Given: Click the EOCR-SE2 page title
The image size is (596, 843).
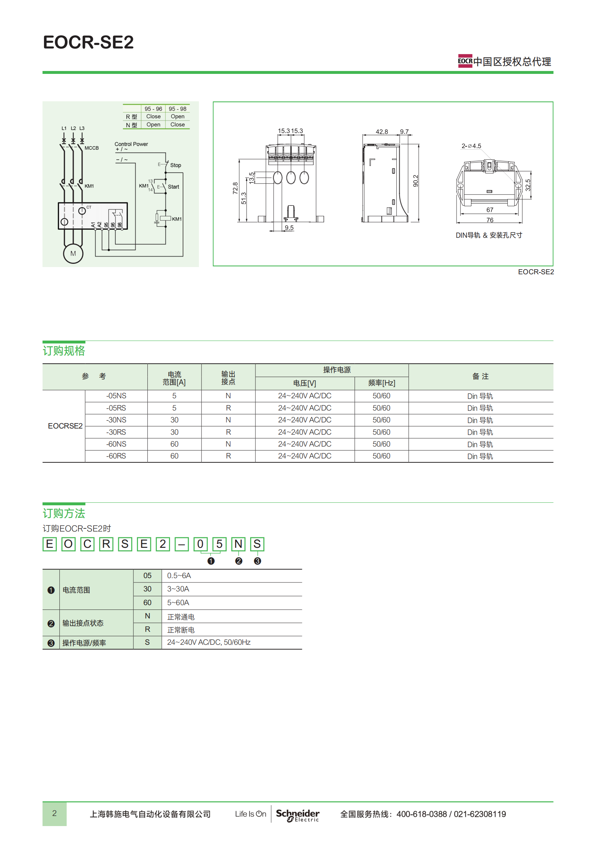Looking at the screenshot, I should point(88,42).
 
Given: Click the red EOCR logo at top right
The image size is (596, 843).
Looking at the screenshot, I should point(465,61).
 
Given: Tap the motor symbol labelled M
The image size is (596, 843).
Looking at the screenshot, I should point(73,254).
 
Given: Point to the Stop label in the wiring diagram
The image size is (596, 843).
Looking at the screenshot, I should point(175,165).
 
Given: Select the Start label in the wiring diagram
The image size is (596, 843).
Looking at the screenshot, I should point(173,187).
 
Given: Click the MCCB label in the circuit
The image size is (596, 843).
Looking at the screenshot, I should point(92,148).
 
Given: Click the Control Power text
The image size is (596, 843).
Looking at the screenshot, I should point(131,144).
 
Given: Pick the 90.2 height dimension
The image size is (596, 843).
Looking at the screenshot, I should point(415,181).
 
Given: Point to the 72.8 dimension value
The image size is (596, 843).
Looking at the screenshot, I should point(235,188).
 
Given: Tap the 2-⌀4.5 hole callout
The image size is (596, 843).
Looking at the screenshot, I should point(471,146).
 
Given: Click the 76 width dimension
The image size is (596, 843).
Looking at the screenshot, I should point(490,220).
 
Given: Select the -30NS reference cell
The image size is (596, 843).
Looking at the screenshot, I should point(116,420).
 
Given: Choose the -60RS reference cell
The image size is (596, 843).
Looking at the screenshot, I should point(116,456).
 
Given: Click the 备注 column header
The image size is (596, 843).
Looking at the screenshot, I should point(480,376).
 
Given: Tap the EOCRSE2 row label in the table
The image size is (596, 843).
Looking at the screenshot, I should point(65,426).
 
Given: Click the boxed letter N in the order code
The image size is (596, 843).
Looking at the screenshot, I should point(238,544).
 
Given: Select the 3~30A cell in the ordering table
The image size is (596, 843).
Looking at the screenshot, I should point(178,589).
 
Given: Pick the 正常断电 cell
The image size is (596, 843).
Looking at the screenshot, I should point(181,630).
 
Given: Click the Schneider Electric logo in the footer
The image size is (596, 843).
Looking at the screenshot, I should point(297,815).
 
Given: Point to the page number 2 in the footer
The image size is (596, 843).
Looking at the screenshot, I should point(54,813).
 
